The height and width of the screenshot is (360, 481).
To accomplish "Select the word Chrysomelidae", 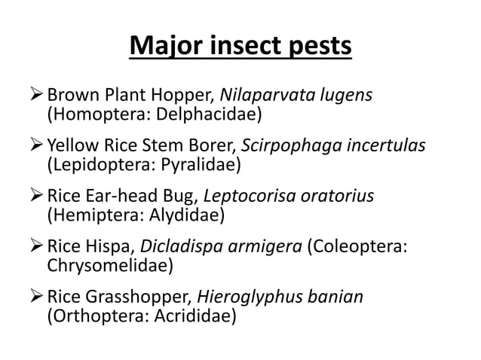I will click(110, 264).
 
